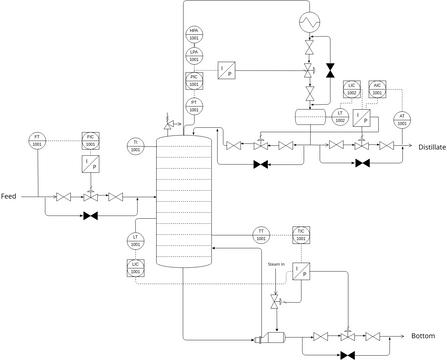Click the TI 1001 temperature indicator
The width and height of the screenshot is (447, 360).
(137, 144)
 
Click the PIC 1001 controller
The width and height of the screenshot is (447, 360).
(194, 79)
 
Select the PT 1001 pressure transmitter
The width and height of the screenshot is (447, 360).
(194, 104)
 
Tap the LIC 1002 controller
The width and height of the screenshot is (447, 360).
(352, 89)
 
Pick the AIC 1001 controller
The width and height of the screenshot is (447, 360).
(377, 89)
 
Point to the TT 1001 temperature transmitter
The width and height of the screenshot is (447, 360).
(261, 236)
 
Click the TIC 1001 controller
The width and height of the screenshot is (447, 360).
(301, 236)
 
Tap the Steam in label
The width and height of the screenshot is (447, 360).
(276, 264)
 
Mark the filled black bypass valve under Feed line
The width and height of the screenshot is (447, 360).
(91, 216)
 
